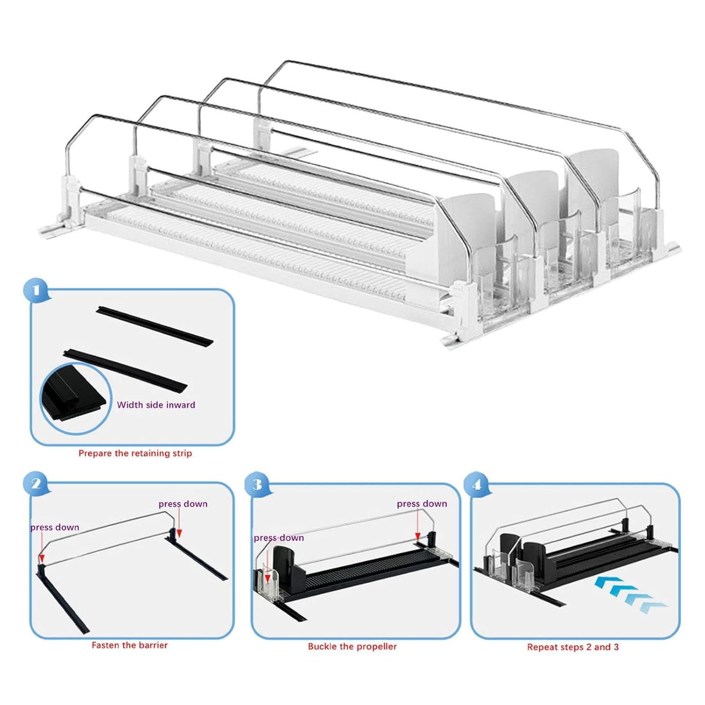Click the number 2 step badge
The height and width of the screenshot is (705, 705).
[36, 484]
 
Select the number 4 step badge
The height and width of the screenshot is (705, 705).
[477, 484]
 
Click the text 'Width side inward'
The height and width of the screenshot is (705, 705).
[156, 405]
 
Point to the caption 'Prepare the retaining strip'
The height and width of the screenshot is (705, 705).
[135, 454]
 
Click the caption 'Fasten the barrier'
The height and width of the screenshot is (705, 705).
[129, 645]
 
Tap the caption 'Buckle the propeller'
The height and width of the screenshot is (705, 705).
[352, 646]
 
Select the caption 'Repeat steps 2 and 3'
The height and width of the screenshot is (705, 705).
[572, 647]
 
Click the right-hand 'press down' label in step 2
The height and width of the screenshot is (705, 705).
[183, 504]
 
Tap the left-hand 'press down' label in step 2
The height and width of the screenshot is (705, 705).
[55, 527]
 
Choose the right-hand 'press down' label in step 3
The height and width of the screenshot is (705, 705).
[422, 504]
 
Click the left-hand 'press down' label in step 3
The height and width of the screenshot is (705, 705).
[279, 538]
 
